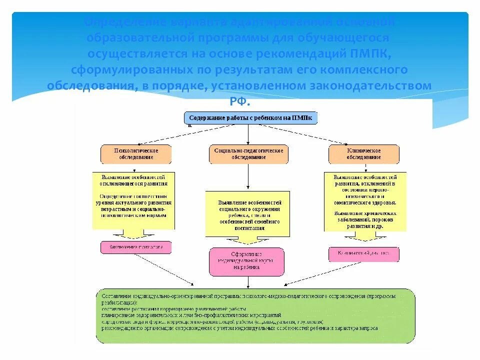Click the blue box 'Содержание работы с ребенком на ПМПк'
click(250, 118)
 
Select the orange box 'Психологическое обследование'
click(136, 154)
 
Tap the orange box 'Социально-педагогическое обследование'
click(248, 154)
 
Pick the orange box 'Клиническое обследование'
click(363, 154)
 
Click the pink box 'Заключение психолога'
click(136, 247)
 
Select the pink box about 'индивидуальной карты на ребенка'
click(246, 261)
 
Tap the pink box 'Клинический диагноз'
click(363, 253)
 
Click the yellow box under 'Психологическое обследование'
click(134, 200)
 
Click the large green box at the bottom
click(255, 315)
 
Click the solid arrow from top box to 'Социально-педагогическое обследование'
click(248, 135)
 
